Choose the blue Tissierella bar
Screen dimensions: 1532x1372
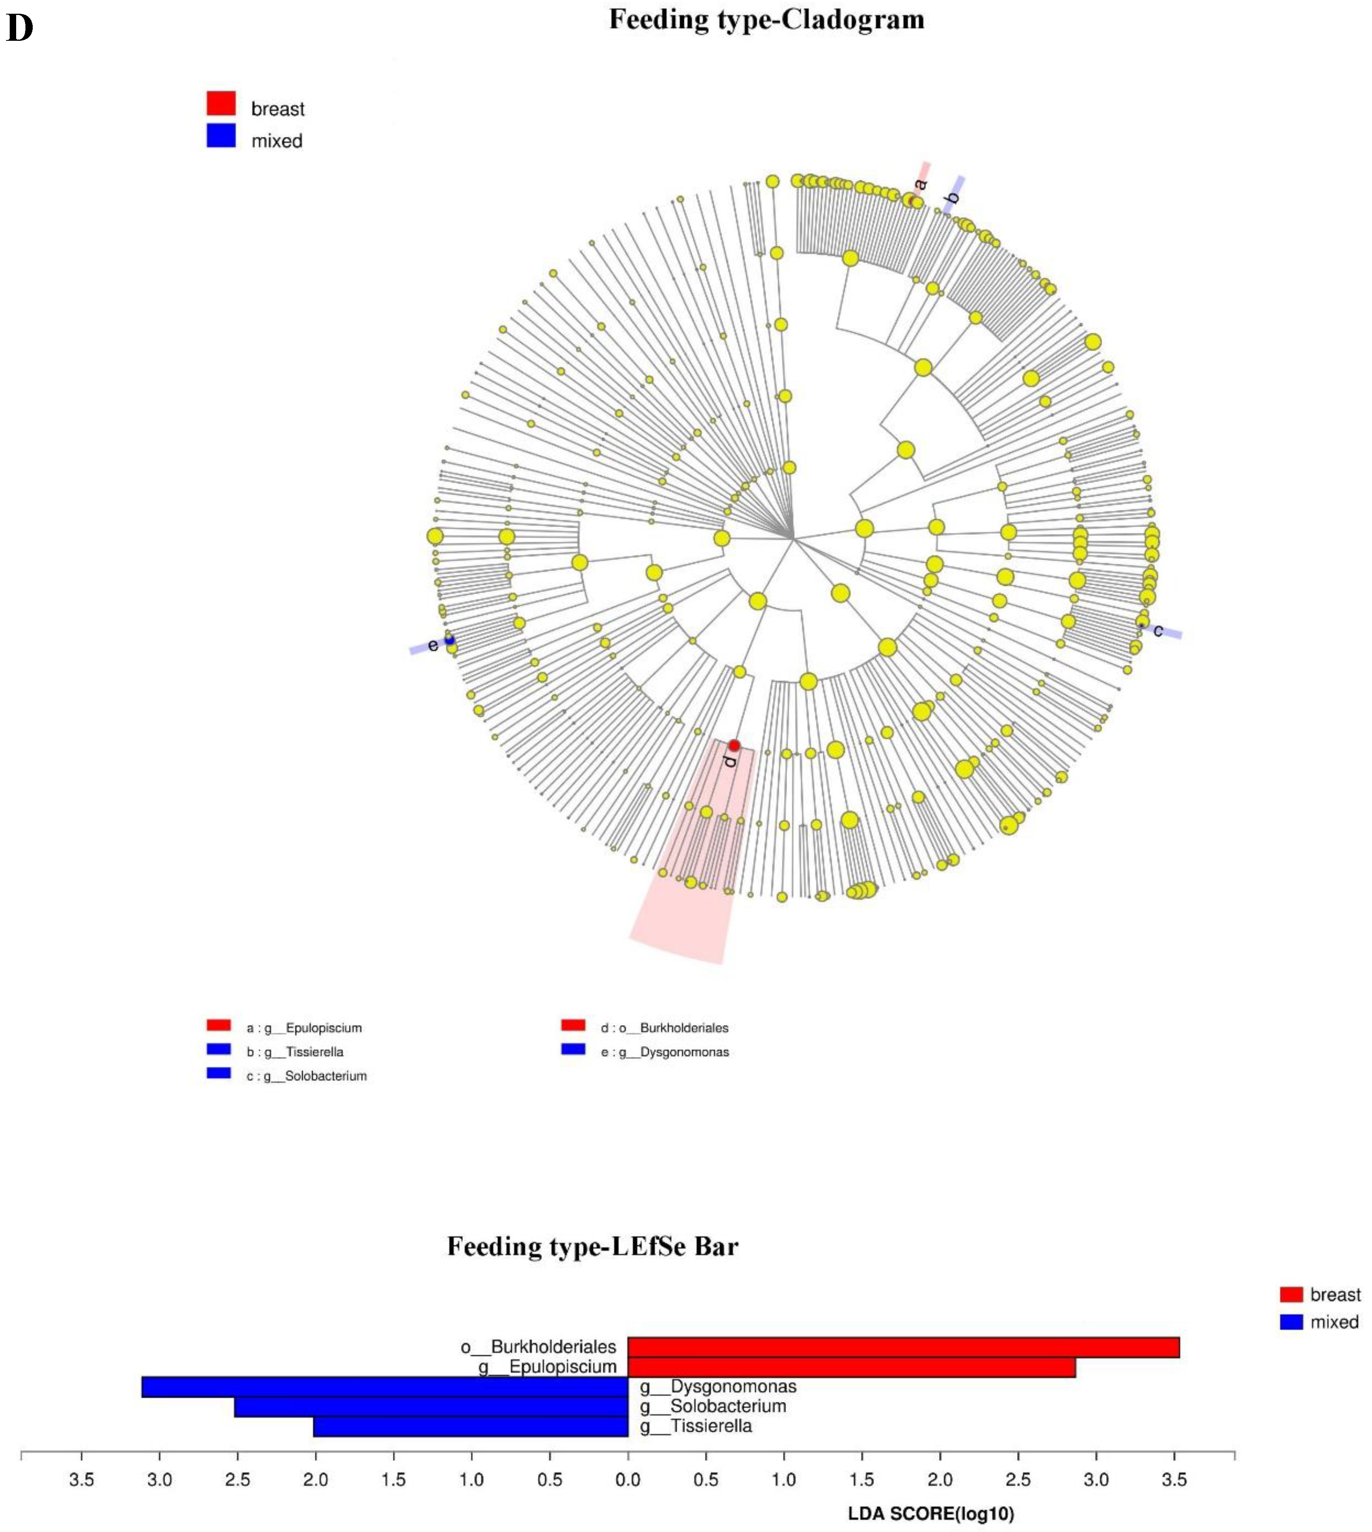471,1426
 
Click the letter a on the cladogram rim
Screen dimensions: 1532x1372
920,184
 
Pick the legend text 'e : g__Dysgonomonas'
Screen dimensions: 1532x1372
665,1052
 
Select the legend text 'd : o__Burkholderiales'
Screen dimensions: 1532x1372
665,1028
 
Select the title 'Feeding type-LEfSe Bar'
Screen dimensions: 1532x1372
593,1246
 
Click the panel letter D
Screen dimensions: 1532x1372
20,29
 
